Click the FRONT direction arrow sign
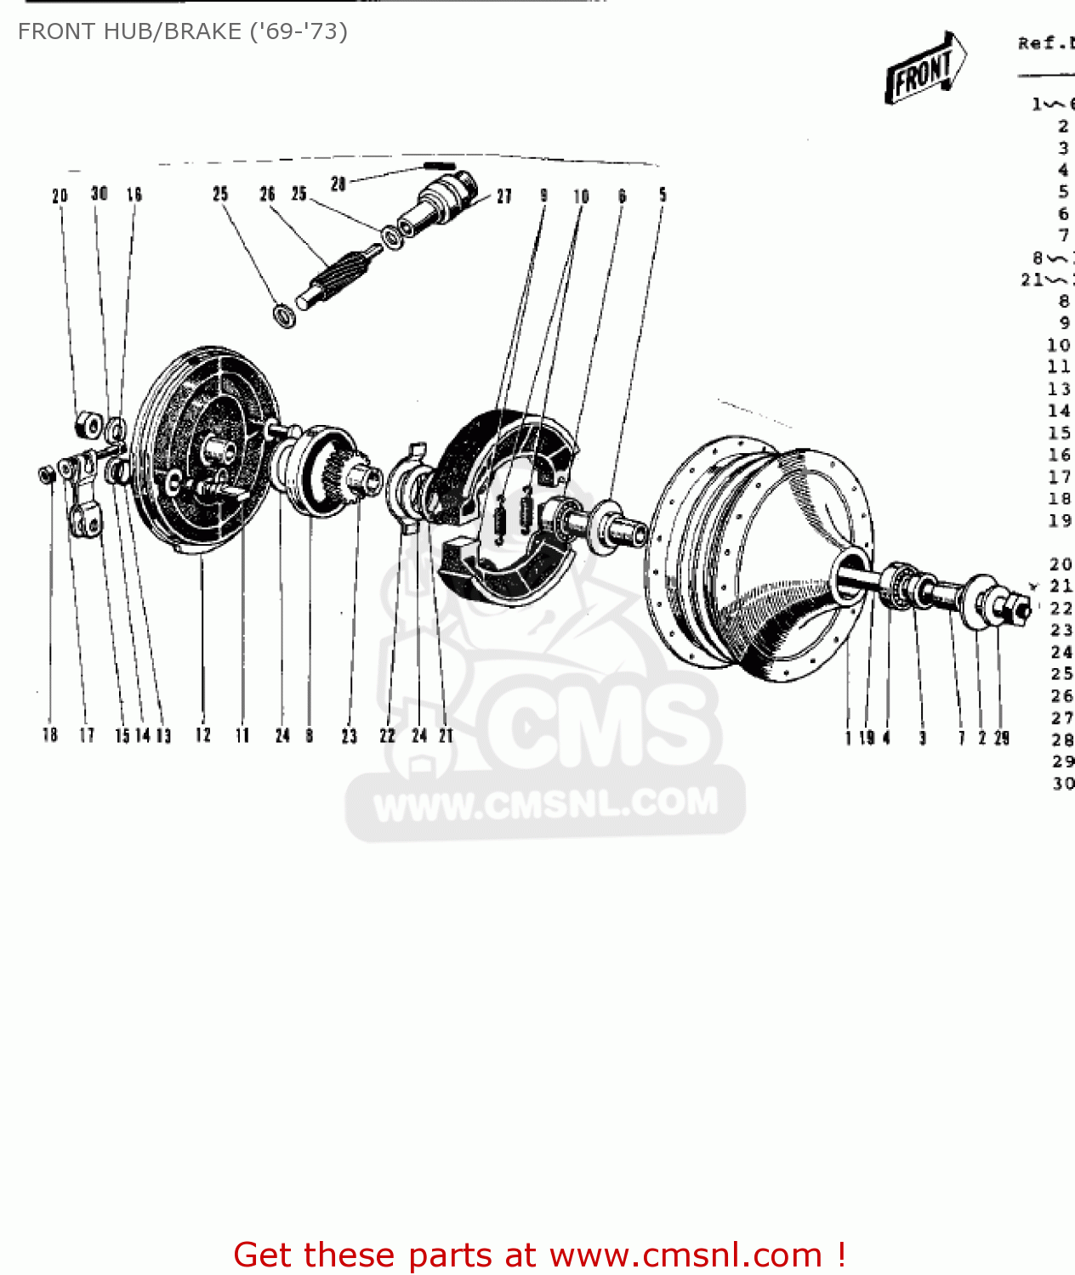(x=924, y=69)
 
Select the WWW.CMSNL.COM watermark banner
(x=545, y=804)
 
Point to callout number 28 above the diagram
(x=338, y=184)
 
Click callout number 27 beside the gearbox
(x=504, y=196)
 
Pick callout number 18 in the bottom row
(x=50, y=735)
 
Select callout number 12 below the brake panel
(x=202, y=735)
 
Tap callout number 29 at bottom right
(x=1002, y=738)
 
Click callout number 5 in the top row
(x=663, y=195)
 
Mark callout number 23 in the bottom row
(x=349, y=736)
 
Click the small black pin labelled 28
(x=440, y=166)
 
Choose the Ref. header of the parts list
(x=1045, y=43)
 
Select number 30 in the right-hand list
(x=1062, y=783)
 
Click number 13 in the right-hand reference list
(x=1059, y=389)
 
